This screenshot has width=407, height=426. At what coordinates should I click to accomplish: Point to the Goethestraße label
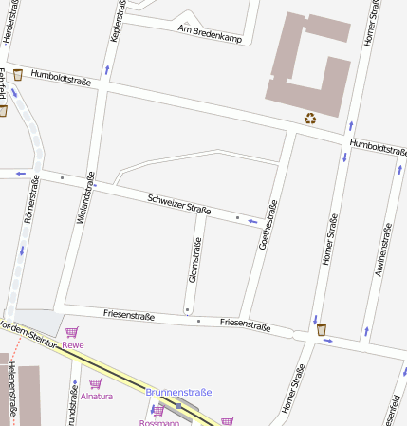click(268, 225)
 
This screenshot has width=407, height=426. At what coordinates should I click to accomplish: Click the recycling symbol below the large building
click(310, 119)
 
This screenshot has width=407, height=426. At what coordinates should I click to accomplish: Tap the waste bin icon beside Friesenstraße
click(323, 329)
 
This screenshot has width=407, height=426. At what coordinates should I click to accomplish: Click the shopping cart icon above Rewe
click(72, 332)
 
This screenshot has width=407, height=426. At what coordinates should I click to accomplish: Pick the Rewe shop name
click(73, 345)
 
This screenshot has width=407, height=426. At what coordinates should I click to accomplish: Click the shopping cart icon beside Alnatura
click(94, 382)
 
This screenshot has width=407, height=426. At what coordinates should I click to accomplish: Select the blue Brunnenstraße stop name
click(178, 392)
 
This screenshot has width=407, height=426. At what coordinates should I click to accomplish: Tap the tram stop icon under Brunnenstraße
click(177, 405)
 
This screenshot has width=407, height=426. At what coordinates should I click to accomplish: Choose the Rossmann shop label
click(158, 422)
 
